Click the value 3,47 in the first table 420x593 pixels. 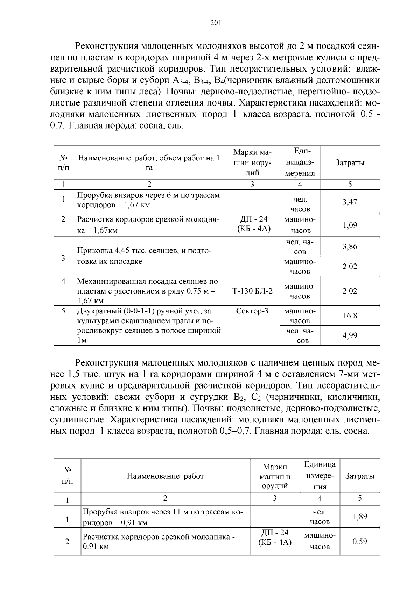pyautogui.click(x=350, y=202)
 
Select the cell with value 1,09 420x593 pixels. pyautogui.click(x=350, y=225)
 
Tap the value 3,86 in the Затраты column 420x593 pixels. pyautogui.click(x=350, y=247)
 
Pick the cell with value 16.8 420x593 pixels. pyautogui.click(x=350, y=316)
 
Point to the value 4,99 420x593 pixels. pyautogui.click(x=350, y=335)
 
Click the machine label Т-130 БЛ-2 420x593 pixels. pyautogui.click(x=252, y=291)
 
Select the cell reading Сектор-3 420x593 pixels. pyautogui.click(x=252, y=311)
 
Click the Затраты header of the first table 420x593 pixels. pyautogui.click(x=350, y=163)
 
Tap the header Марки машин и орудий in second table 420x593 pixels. pyautogui.click(x=275, y=476)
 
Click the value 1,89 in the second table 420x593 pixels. pyautogui.click(x=360, y=516)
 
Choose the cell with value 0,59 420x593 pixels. pyautogui.click(x=360, y=542)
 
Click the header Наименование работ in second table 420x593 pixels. pyautogui.click(x=165, y=476)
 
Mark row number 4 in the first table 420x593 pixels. pyautogui.click(x=63, y=281)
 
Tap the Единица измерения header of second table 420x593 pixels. pyautogui.click(x=320, y=476)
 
